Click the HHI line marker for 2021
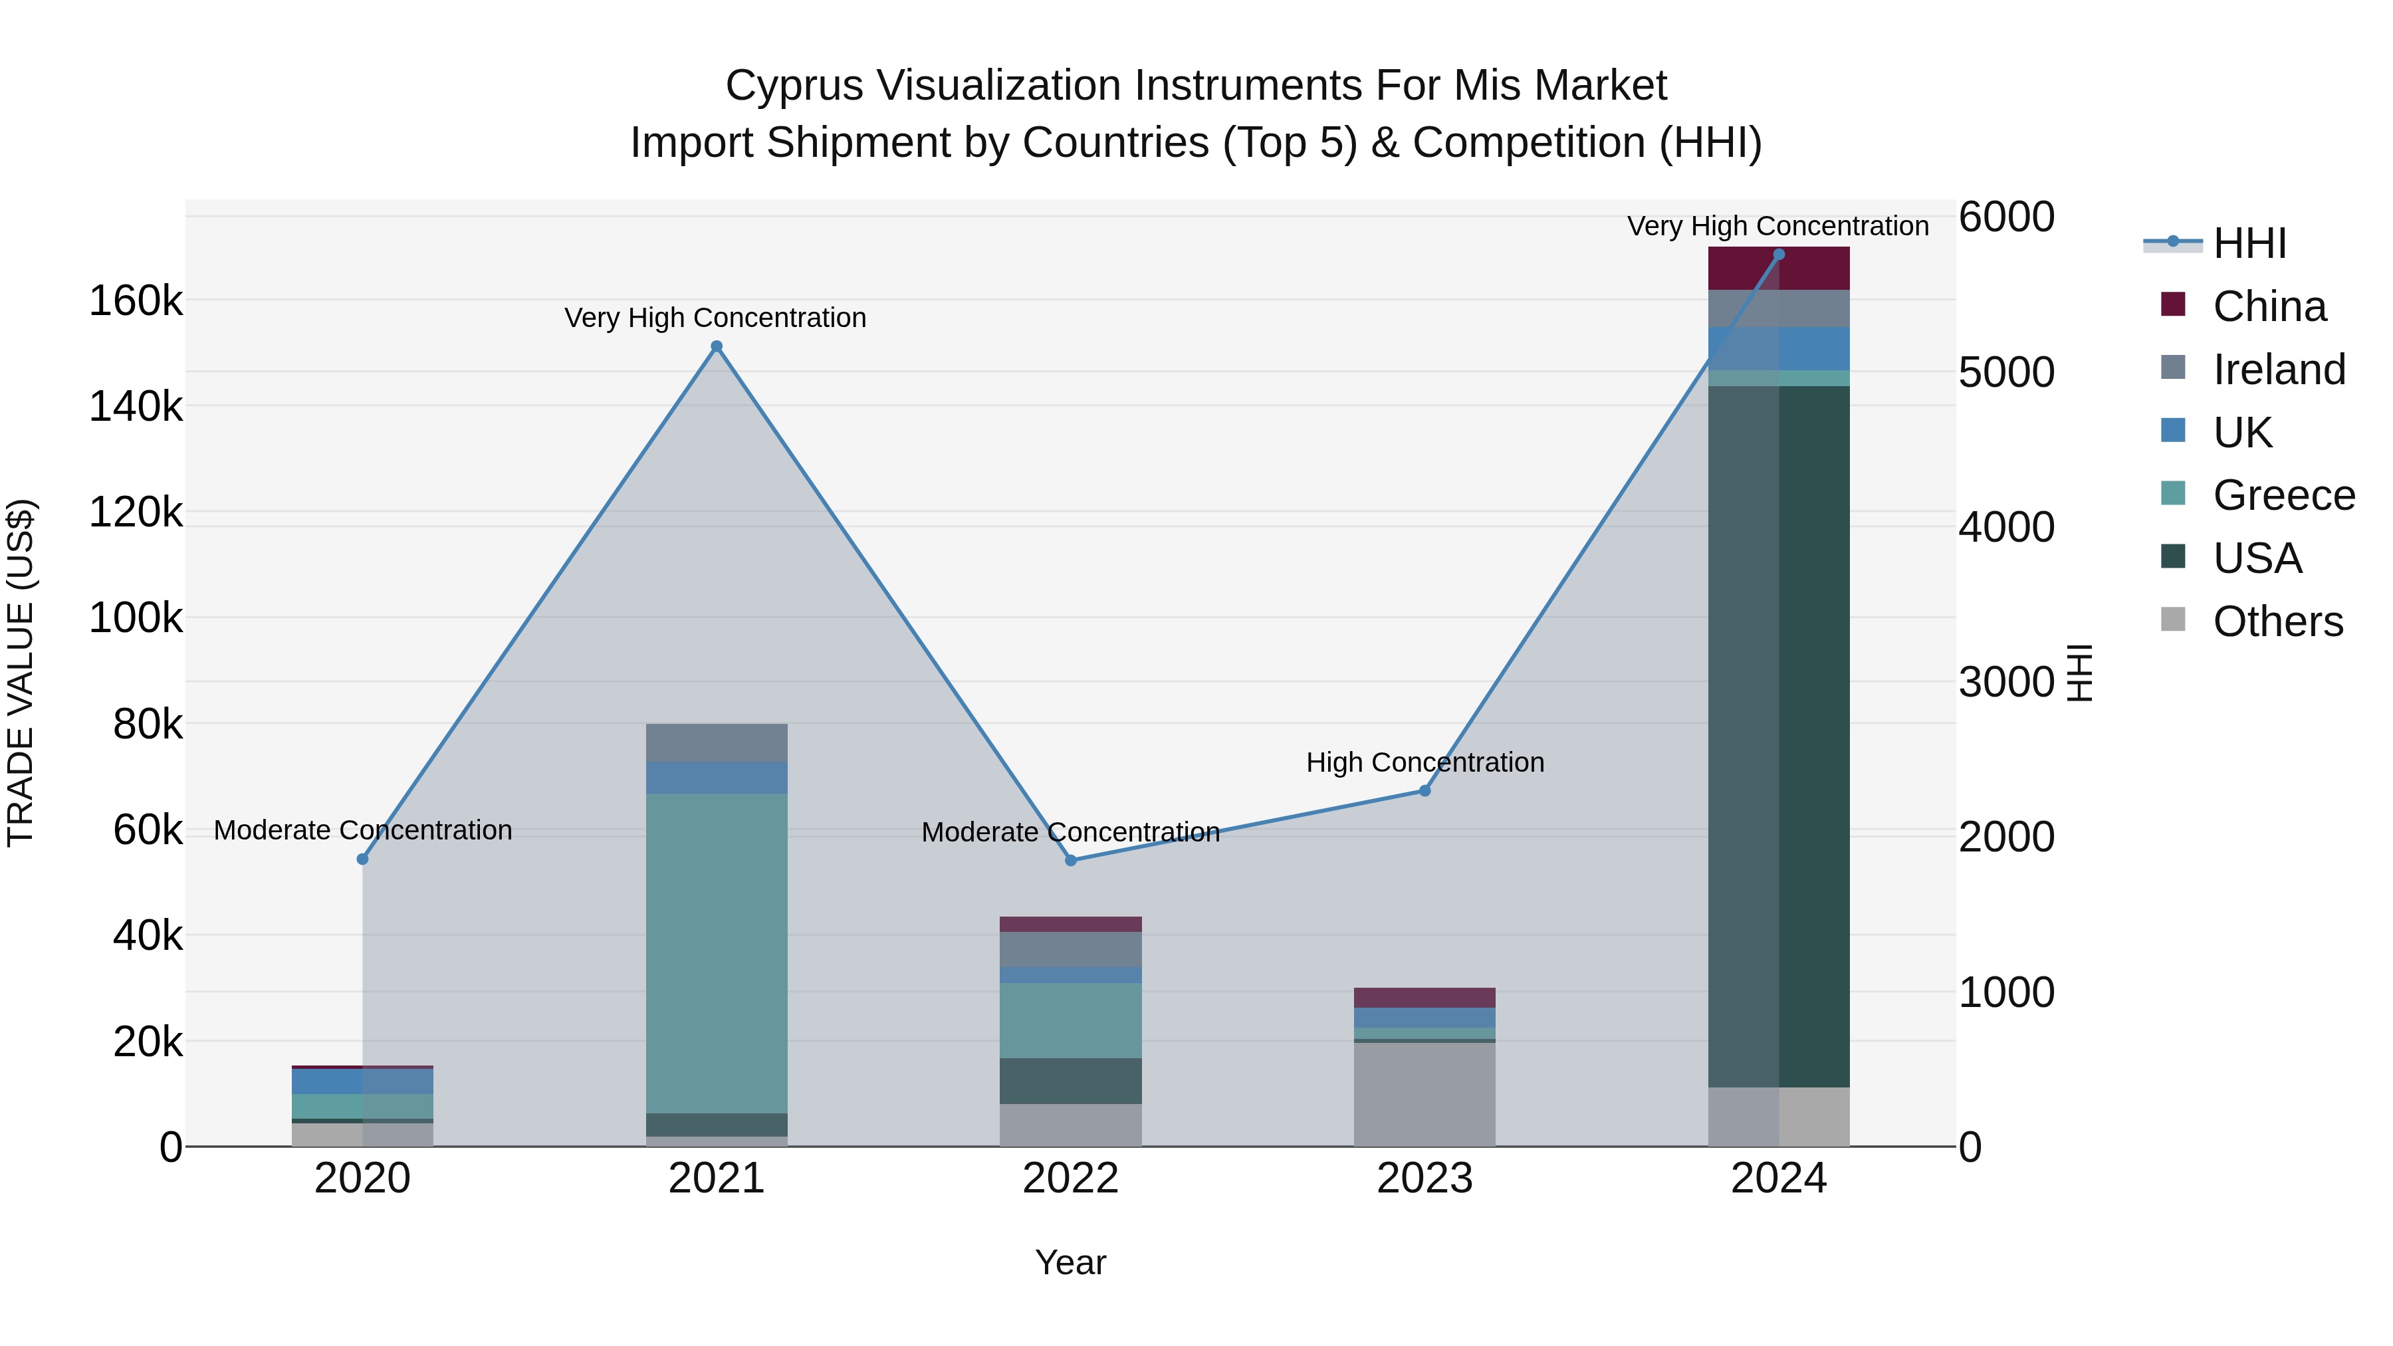pyautogui.click(x=716, y=346)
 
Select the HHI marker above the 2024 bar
pyautogui.click(x=1779, y=255)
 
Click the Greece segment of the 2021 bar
pyautogui.click(x=716, y=952)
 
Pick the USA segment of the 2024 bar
pyautogui.click(x=1779, y=734)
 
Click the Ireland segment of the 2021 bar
pyautogui.click(x=716, y=743)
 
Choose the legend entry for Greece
pyautogui.click(x=2283, y=495)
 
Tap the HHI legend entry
pyautogui.click(x=2248, y=243)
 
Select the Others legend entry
pyautogui.click(x=2276, y=621)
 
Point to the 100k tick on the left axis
pyautogui.click(x=136, y=617)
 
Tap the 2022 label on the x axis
pyautogui.click(x=1070, y=1178)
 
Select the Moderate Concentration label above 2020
pyautogui.click(x=362, y=830)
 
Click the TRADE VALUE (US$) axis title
pyautogui.click(x=21, y=673)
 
